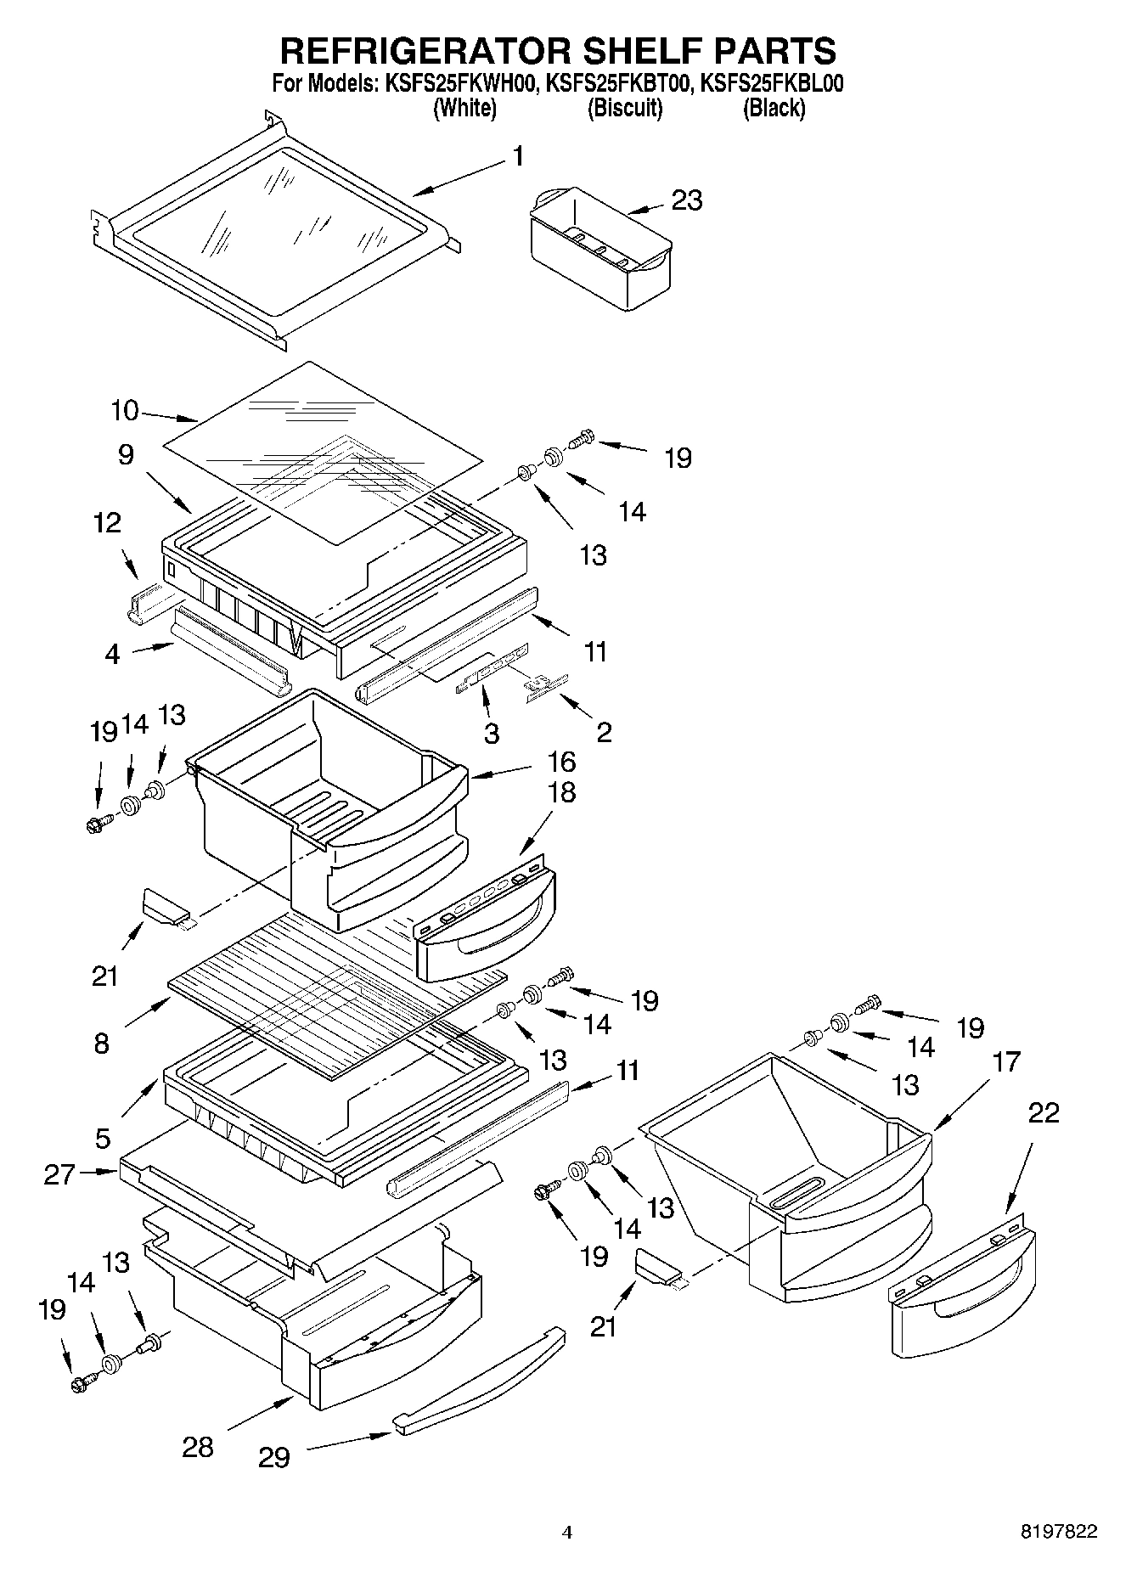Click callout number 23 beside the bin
pos(687,200)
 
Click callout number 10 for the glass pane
pos(124,410)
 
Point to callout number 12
pos(107,523)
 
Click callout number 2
pos(604,731)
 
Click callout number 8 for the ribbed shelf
pos(102,1043)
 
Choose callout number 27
pos(59,1174)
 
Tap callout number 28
pos(198,1446)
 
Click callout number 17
pos(1005,1061)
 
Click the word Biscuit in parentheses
pos(625,109)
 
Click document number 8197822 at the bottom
pos(1058,1531)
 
